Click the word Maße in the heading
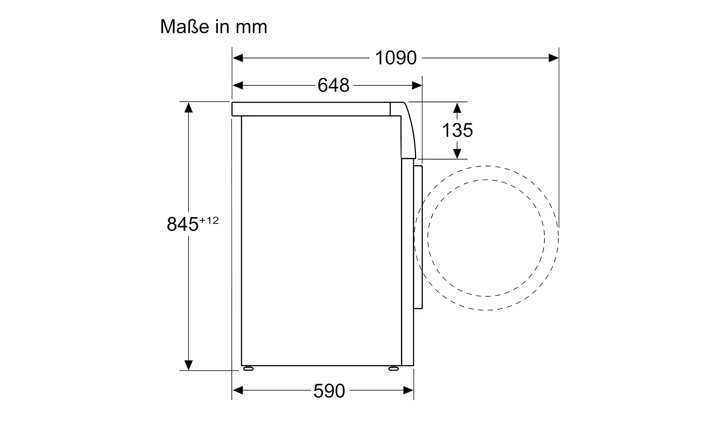click(184, 27)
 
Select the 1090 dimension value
click(396, 58)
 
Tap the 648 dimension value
click(333, 85)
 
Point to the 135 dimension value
click(457, 130)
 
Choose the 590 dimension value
click(329, 391)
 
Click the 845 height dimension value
click(183, 224)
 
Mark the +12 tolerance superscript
click(209, 220)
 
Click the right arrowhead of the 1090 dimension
click(554, 58)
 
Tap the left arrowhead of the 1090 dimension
click(238, 58)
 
